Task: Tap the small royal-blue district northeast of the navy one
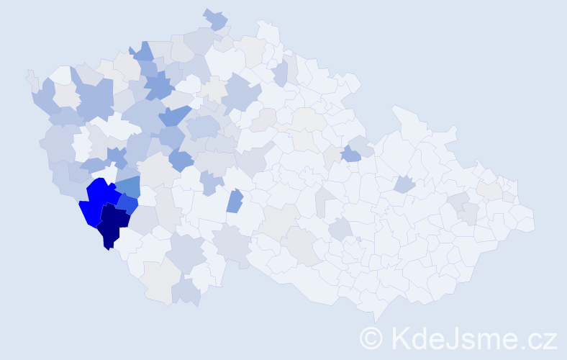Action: [127, 205]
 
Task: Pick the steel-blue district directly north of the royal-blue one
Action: [127, 188]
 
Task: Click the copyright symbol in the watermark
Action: [371, 337]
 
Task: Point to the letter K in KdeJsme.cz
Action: [401, 337]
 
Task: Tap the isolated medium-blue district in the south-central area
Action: [235, 201]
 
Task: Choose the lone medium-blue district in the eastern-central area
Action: [350, 153]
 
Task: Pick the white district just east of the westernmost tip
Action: [60, 75]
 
